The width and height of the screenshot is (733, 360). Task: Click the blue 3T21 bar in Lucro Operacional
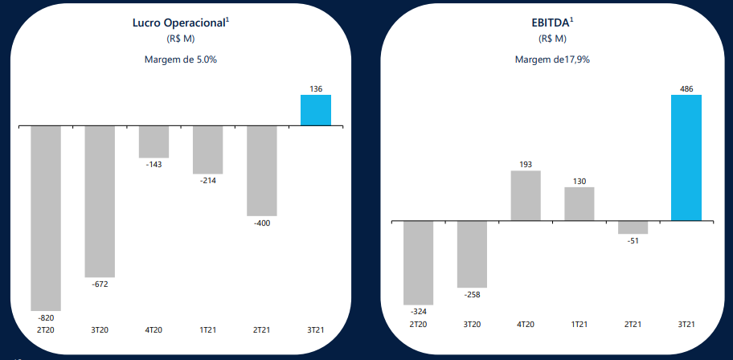click(316, 110)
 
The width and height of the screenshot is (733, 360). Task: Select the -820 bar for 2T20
click(46, 218)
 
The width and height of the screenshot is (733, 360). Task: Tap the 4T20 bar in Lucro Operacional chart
click(154, 142)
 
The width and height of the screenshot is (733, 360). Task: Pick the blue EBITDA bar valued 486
click(686, 157)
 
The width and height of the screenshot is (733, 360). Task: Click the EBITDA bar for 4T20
click(526, 195)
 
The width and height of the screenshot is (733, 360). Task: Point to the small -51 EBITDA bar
click(633, 227)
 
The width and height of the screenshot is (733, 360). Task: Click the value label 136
click(316, 88)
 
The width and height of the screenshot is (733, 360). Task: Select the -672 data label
click(100, 284)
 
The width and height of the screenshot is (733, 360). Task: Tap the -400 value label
click(262, 223)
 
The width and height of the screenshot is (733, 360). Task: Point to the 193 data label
click(526, 164)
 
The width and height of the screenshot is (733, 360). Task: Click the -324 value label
click(418, 311)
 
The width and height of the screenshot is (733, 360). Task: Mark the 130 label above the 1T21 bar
click(579, 181)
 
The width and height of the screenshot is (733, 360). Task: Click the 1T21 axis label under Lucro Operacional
click(207, 329)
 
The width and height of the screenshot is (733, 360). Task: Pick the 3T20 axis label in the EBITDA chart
click(472, 325)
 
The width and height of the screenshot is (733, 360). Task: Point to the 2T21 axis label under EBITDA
click(633, 325)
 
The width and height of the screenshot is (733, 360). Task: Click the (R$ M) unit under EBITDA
click(551, 39)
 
